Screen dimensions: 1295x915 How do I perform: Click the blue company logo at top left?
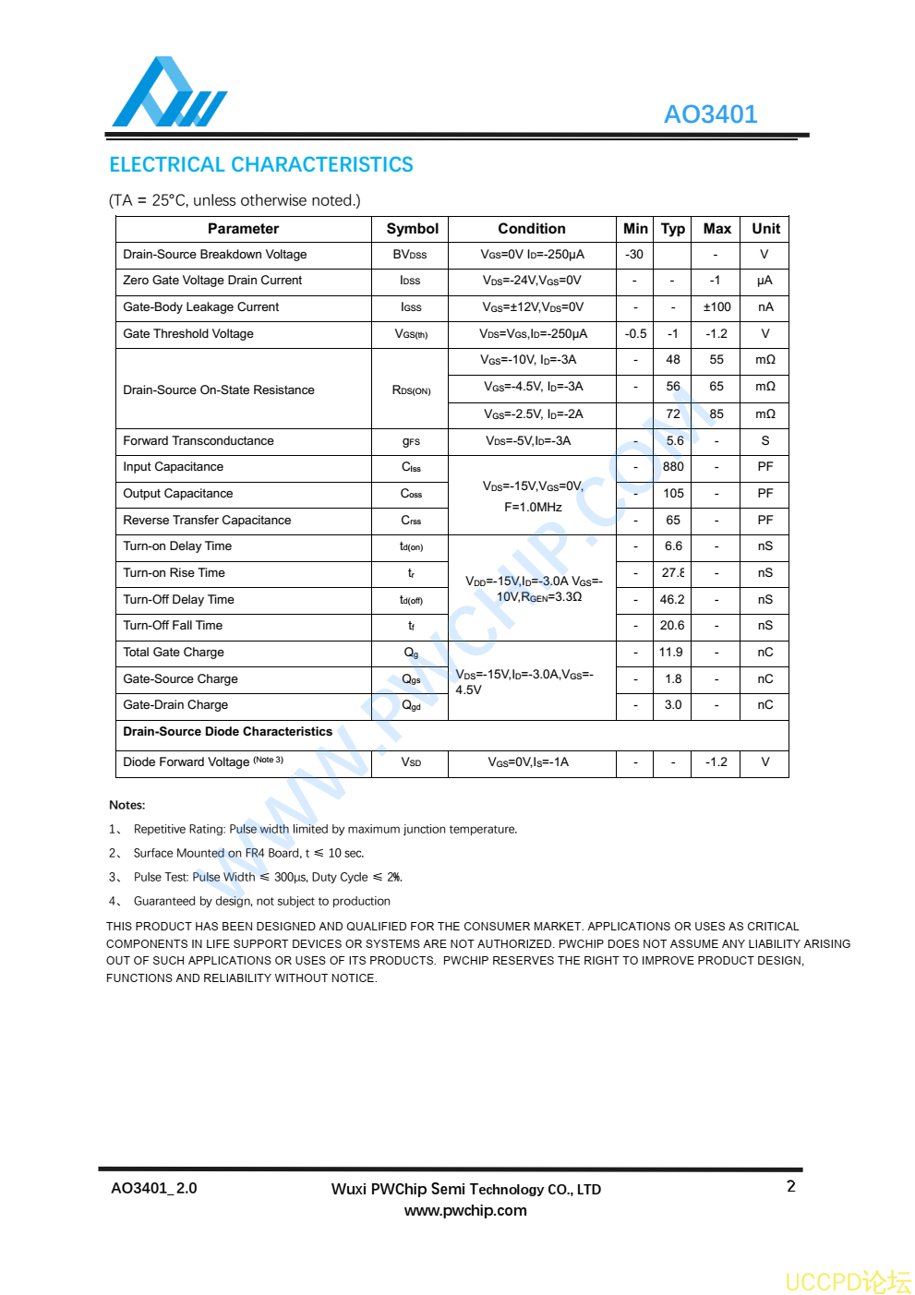[168, 93]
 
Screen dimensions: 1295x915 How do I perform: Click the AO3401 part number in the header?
[710, 114]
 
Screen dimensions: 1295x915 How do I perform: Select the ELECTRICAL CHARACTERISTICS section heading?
[261, 165]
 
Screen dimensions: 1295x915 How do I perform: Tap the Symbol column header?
[412, 229]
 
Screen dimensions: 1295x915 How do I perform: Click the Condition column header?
[531, 229]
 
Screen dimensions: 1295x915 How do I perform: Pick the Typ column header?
[672, 229]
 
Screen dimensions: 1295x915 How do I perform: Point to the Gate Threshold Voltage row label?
[188, 334]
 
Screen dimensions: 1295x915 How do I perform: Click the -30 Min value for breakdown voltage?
[634, 255]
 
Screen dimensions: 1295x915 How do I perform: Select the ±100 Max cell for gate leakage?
[716, 307]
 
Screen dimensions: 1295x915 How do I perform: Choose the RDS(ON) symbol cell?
[411, 390]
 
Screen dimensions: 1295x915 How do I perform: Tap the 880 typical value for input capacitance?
[673, 467]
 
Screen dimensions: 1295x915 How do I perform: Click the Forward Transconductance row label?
[199, 441]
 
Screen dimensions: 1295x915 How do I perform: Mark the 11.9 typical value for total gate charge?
[671, 653]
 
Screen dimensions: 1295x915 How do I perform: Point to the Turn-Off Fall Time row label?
[173, 626]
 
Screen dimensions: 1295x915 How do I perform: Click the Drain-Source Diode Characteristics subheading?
[227, 732]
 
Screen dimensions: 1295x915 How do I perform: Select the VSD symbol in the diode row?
[411, 762]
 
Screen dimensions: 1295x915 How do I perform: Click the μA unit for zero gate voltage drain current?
[765, 281]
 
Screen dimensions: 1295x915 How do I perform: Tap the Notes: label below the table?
[126, 805]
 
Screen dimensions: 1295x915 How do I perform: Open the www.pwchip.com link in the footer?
[465, 1211]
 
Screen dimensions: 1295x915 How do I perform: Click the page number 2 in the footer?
[790, 1187]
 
